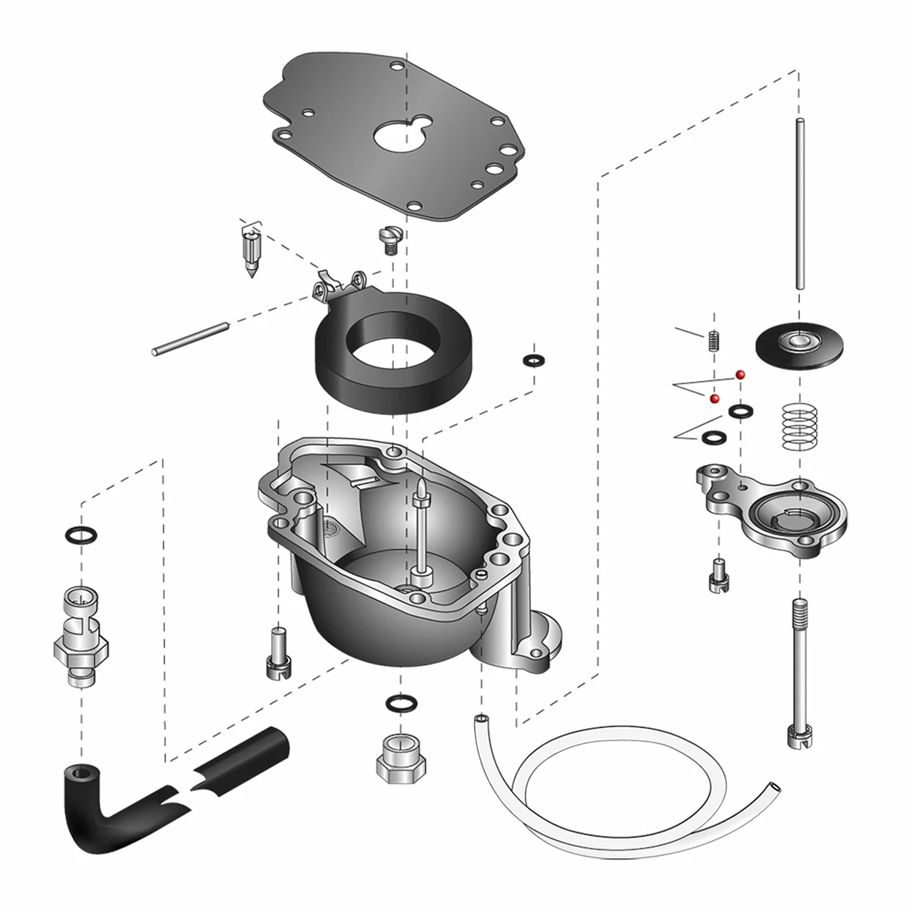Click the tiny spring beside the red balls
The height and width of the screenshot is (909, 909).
pyautogui.click(x=713, y=341)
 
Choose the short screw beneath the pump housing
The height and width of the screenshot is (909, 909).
pyautogui.click(x=716, y=575)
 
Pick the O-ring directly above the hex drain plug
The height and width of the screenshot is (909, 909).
pyautogui.click(x=398, y=702)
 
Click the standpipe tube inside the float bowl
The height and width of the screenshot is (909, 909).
pyautogui.click(x=419, y=530)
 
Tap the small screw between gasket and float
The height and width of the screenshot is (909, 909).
pyautogui.click(x=387, y=242)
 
